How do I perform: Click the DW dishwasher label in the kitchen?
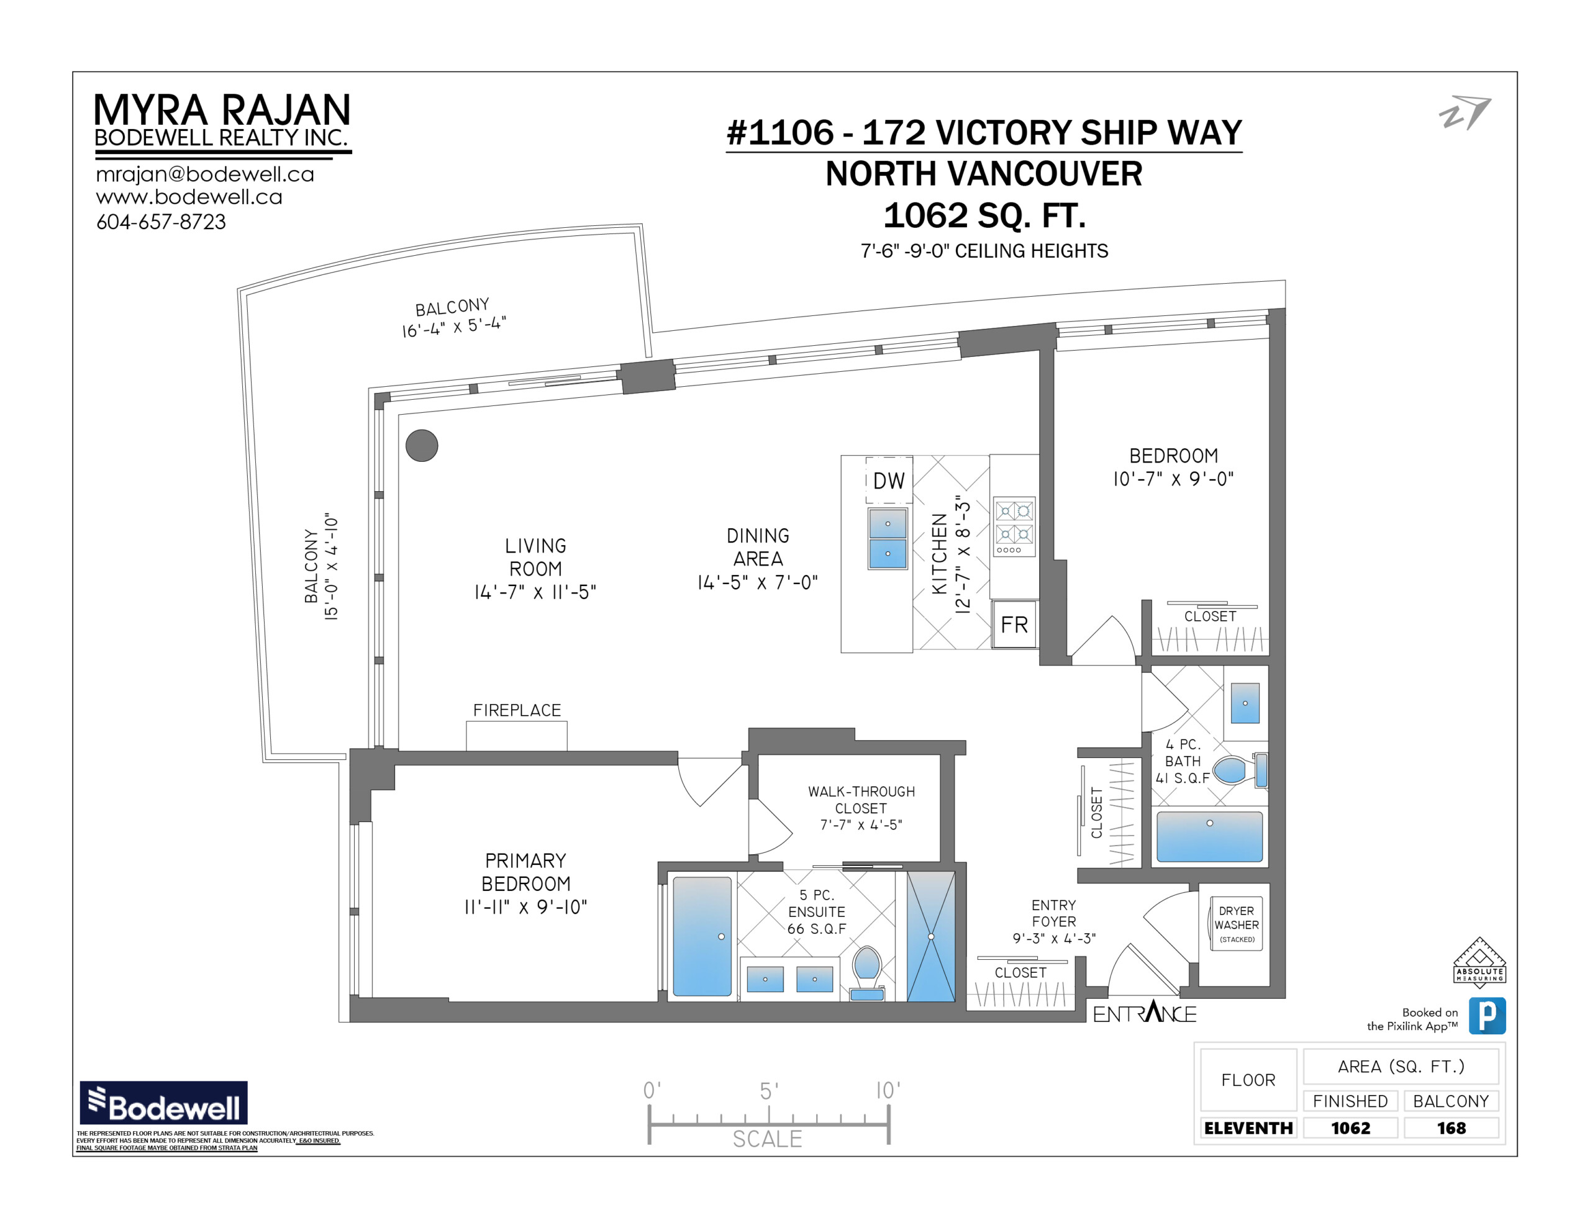point(888,481)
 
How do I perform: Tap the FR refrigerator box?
point(1014,624)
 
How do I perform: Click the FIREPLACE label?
point(517,710)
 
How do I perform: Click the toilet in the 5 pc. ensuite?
point(867,972)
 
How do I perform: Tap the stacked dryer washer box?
point(1236,924)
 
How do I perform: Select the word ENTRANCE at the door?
point(1145,1013)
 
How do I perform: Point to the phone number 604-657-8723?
point(161,221)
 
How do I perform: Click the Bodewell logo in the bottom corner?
point(164,1102)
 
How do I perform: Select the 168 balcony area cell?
point(1451,1127)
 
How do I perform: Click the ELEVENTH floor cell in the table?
point(1248,1127)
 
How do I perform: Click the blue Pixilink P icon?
point(1487,1016)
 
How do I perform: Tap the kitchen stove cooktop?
point(1014,528)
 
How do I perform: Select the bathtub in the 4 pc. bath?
point(1209,837)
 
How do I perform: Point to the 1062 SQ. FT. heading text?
point(984,215)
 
